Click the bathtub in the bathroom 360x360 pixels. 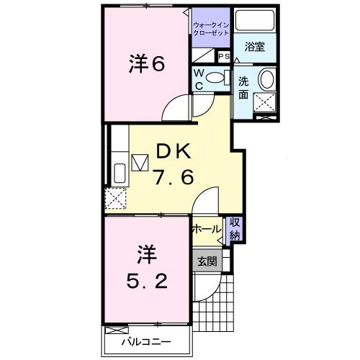point(256,22)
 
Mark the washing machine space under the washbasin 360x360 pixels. point(266,104)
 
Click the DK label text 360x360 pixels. point(173,150)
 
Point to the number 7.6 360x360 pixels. point(173,177)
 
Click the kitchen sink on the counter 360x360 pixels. point(120,174)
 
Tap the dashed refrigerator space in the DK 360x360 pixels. point(116,198)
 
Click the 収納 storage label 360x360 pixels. point(235,229)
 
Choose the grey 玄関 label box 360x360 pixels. point(207,261)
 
